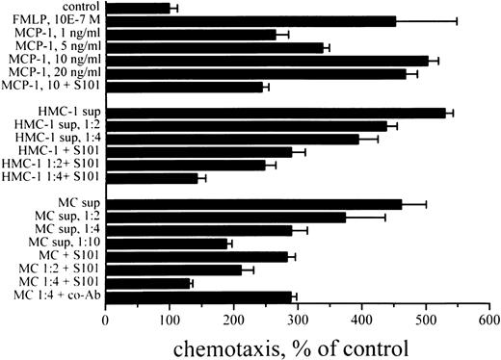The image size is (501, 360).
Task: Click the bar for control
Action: click(137, 8)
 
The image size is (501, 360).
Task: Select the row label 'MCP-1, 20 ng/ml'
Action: click(53, 72)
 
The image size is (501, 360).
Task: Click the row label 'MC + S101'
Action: click(66, 256)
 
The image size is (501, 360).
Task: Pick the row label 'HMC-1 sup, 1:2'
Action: click(57, 125)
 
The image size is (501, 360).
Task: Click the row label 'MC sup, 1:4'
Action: click(65, 230)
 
